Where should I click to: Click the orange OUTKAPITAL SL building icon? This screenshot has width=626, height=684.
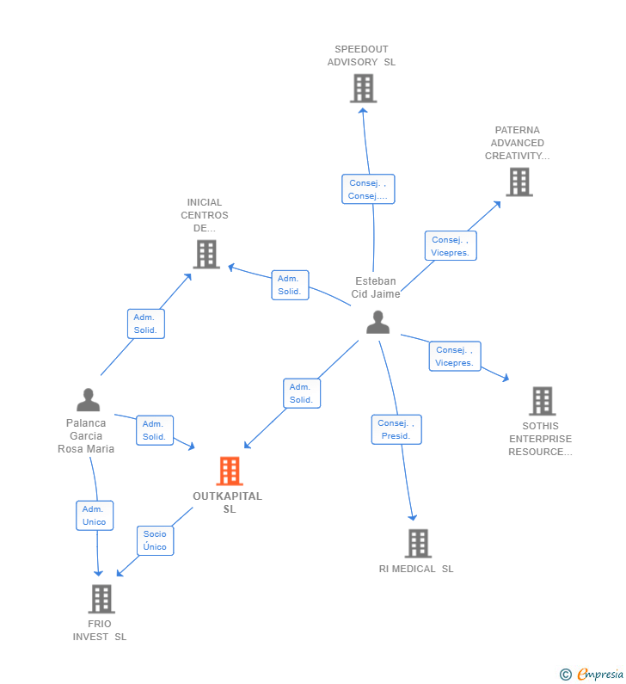229,471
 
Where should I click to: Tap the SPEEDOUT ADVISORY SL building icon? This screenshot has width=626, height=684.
363,88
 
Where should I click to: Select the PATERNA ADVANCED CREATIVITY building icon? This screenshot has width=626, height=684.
519,182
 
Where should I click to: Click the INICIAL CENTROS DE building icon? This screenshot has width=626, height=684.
206,254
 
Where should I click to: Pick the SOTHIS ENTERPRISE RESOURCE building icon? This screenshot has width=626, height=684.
542,401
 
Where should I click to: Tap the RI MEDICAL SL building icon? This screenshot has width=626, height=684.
418,543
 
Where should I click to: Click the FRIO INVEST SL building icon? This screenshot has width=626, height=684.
101,599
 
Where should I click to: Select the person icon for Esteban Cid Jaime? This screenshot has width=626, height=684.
377,323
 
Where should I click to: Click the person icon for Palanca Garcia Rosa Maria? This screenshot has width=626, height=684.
88,400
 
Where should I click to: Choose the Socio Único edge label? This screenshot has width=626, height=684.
155,540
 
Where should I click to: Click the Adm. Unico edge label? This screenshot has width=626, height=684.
95,515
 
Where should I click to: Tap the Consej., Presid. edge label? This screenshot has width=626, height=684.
396,429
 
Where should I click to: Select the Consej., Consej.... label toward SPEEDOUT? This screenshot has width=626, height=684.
368,189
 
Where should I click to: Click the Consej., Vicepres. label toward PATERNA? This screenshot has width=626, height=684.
450,246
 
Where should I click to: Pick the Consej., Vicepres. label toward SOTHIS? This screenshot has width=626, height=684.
455,356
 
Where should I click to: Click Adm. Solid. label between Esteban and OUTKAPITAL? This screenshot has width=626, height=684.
301,393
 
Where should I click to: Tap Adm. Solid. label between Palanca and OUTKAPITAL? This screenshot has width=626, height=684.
154,430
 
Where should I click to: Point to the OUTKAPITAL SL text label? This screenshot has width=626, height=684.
228,502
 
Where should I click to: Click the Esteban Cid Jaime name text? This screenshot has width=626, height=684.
376,287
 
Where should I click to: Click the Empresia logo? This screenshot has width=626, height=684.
592,675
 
